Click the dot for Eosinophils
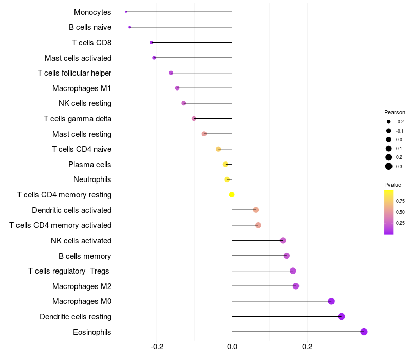pos(364,332)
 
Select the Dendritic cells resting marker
pos(341,316)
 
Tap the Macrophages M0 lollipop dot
pos(331,301)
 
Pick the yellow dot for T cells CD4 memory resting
pos(232,194)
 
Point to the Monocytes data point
pos(126,12)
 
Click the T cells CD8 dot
pos(151,42)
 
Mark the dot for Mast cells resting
pos(204,134)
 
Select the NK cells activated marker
pos(283,240)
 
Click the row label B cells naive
pos(90,27)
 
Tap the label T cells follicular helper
pos(74,73)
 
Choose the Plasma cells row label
pos(90,165)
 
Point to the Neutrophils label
pos(92,179)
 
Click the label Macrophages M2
pos(82,286)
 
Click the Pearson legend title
pos(395,112)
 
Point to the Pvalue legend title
pos(393,184)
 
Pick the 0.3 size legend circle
pos(389,166)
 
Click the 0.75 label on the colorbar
pos(400,201)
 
